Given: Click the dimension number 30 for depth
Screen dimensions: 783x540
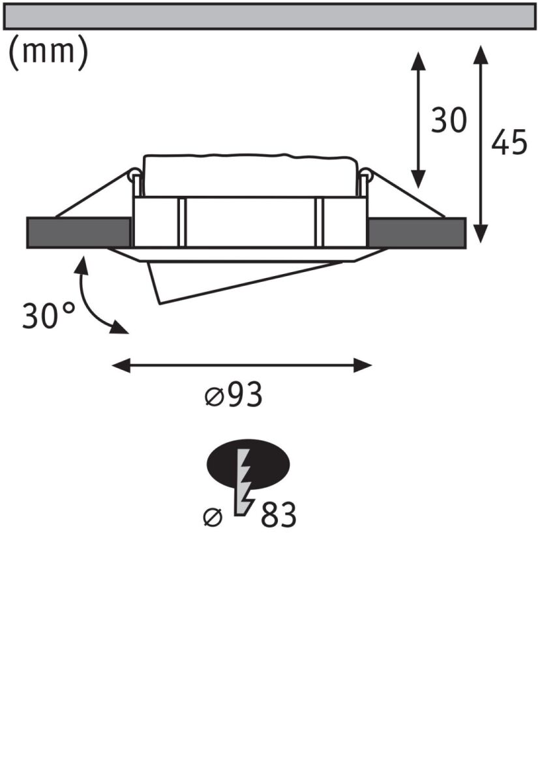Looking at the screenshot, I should coord(449,121).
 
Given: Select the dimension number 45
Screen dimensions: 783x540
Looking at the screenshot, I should coord(509,143).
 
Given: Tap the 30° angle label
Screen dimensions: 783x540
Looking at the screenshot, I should coord(48,316).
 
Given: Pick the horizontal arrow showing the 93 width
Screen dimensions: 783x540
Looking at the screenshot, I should coord(241,365).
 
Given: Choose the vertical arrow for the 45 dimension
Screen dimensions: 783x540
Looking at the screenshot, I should coord(481,144).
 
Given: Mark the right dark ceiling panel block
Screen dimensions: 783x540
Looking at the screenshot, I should coord(417,233).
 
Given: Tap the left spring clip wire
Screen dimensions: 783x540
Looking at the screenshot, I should coord(95,194).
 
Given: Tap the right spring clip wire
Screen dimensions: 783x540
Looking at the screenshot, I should coord(404,194).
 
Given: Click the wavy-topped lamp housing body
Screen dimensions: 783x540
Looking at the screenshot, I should coord(250,176).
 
